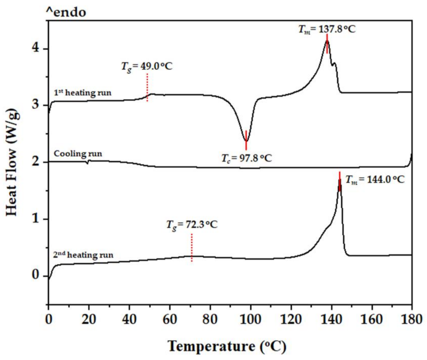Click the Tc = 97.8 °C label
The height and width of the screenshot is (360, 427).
click(x=245, y=158)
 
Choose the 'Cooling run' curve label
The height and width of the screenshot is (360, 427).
click(x=73, y=153)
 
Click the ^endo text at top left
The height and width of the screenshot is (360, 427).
click(x=66, y=12)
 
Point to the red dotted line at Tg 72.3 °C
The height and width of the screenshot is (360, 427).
click(x=192, y=248)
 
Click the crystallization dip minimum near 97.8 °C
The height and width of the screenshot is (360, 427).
click(x=246, y=141)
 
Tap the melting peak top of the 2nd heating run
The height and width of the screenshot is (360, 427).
click(x=339, y=180)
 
